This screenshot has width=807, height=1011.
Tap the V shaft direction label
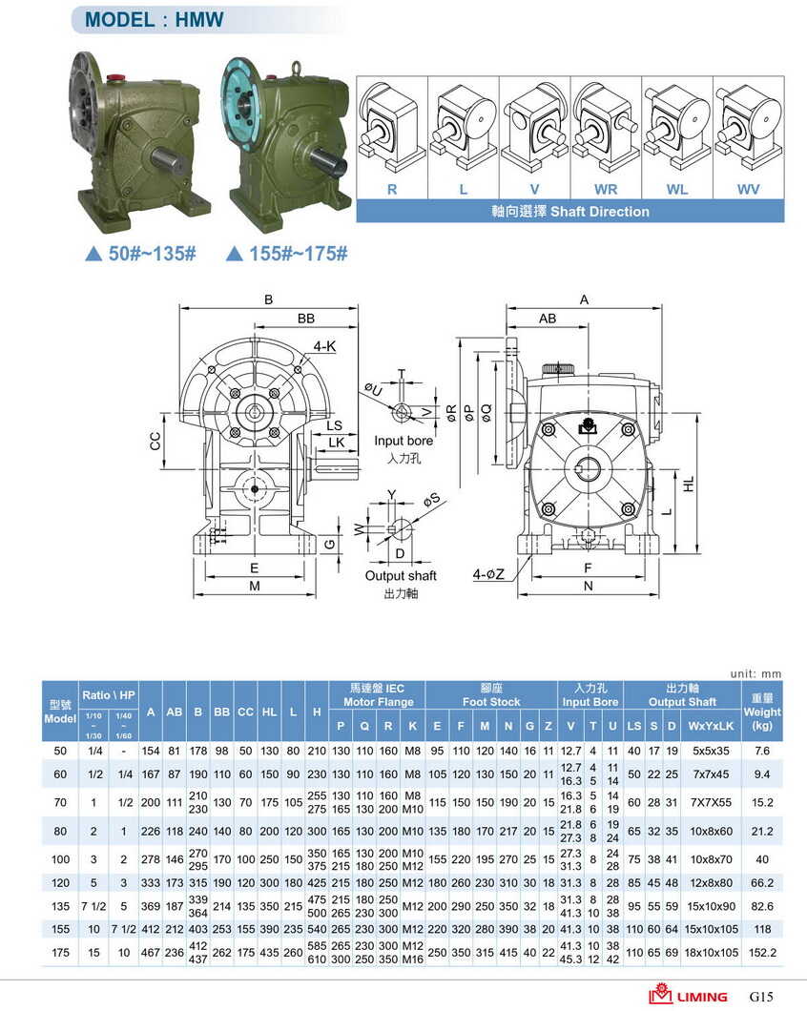click(534, 189)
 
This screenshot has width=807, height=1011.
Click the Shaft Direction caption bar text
click(569, 211)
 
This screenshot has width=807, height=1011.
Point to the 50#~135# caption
click(141, 254)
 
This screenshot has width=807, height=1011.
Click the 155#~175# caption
click(287, 254)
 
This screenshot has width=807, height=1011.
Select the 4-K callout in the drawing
click(324, 347)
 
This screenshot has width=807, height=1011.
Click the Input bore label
click(403, 441)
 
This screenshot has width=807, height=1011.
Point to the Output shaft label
click(401, 576)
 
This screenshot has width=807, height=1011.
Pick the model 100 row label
click(60, 859)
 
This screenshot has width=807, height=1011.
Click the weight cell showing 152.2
click(761, 951)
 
